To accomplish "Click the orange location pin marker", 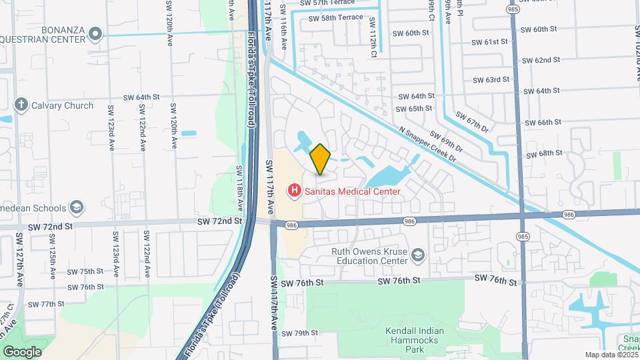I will (x=321, y=159).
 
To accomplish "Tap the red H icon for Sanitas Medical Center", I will (x=293, y=191).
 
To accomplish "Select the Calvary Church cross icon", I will (x=21, y=105).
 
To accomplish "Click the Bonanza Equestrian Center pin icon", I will (x=95, y=33).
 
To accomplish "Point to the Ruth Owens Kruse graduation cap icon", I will (x=417, y=256).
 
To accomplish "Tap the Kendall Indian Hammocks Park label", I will (x=414, y=340).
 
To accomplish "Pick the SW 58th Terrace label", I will (x=337, y=18).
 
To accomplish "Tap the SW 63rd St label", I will (x=491, y=80).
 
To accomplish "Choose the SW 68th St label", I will (x=545, y=154).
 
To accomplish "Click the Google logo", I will (x=23, y=351).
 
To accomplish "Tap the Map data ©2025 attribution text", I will (x=611, y=355).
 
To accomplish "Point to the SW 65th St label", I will (x=415, y=109).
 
